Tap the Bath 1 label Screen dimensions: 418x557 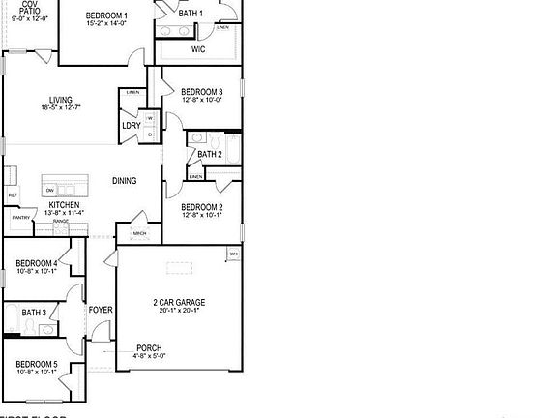[x=191, y=13]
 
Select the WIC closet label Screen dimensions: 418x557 [x=198, y=49]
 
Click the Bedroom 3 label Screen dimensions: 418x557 [x=202, y=91]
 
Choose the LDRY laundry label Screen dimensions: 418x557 [x=131, y=126]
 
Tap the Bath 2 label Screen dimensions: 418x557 [x=210, y=154]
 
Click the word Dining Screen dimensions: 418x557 [x=124, y=181]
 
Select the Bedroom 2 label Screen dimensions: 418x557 [x=202, y=207]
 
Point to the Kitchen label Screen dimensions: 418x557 [x=64, y=205]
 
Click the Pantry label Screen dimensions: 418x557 [x=20, y=218]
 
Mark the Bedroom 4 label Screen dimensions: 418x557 [x=37, y=262]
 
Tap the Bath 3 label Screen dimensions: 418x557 [x=34, y=312]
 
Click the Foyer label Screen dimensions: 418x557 [x=101, y=310]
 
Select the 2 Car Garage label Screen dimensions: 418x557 [x=179, y=303]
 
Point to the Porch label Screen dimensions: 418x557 [x=149, y=348]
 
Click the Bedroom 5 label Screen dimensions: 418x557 [x=37, y=363]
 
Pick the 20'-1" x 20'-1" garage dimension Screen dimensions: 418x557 [x=179, y=312]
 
